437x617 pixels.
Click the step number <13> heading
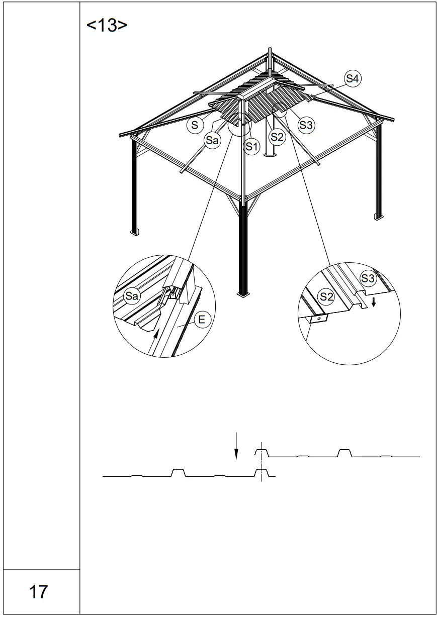pos(107,26)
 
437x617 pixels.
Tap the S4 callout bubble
pos(353,78)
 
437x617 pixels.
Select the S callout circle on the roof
pos(195,125)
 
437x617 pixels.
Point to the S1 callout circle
pos(251,147)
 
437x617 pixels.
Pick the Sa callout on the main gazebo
pos(212,141)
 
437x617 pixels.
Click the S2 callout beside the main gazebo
pos(277,137)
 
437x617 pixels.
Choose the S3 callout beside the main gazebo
pos(306,125)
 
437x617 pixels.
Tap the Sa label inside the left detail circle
pos(131,296)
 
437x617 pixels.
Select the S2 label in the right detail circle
pos(327,296)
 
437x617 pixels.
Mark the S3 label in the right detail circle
pos(368,278)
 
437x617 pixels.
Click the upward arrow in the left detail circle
pos(155,335)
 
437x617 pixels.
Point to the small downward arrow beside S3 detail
pos(373,301)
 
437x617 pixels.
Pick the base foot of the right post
pos(378,217)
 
